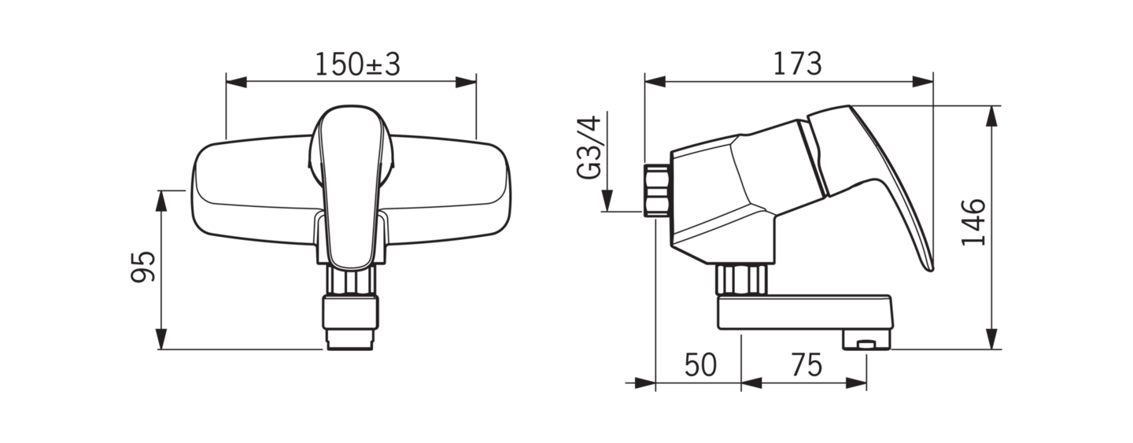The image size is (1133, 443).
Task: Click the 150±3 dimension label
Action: click(x=358, y=65)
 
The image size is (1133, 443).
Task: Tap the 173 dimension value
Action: click(x=798, y=64)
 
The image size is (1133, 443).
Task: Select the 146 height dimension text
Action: click(x=974, y=223)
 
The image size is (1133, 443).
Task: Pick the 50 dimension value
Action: click(x=699, y=365)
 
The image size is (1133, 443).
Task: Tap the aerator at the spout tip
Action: click(x=865, y=341)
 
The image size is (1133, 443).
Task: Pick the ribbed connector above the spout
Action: click(x=741, y=278)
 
